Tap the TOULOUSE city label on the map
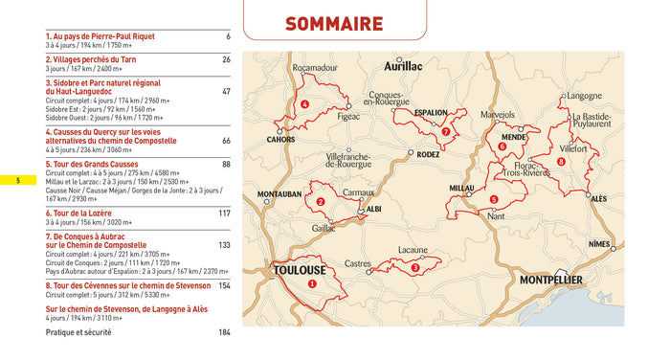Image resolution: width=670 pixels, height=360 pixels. tap(300, 270)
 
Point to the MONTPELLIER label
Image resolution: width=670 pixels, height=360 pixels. tap(564, 281)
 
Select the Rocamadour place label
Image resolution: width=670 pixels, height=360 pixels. tap(316, 69)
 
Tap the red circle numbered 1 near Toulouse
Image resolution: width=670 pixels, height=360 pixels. tap(311, 283)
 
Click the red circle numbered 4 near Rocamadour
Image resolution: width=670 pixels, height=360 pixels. tap(304, 104)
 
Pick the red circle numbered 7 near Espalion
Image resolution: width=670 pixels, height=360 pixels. tap(446, 131)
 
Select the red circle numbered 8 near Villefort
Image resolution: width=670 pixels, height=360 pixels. tap(561, 161)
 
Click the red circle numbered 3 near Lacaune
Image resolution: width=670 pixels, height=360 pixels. tap(414, 268)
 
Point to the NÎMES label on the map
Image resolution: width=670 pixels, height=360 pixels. tap(598, 245)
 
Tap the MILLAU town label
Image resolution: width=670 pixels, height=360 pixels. tap(461, 189)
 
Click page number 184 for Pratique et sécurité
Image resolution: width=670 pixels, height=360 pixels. tap(224, 332)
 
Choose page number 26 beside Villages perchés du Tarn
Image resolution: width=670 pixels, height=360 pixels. tap(226, 59)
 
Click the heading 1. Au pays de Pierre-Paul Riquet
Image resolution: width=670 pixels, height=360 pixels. tap(100, 36)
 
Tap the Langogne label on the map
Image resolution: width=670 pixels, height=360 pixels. tap(583, 96)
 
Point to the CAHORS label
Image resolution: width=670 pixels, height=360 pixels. tap(279, 139)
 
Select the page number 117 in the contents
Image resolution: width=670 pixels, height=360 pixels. tap(224, 213)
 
